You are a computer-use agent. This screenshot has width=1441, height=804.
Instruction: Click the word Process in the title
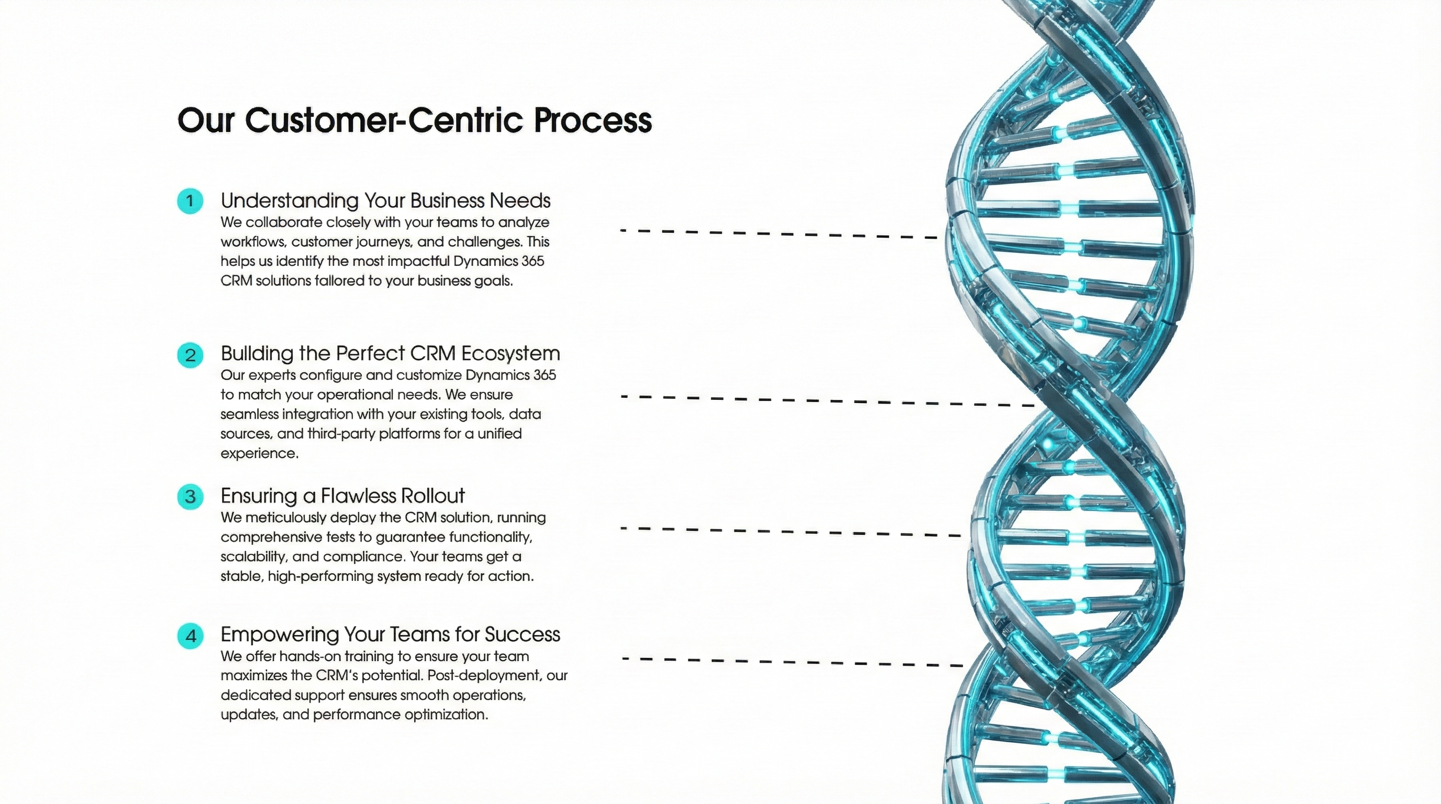592,121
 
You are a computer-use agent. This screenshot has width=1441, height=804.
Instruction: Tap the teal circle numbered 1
190,200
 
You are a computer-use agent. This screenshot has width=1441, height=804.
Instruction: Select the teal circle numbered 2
190,355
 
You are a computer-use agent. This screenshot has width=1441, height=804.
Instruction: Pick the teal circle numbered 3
190,497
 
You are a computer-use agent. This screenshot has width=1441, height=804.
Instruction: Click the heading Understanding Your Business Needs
385,200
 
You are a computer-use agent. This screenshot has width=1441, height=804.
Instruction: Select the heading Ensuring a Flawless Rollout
342,496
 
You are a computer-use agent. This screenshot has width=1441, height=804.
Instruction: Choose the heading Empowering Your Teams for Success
390,634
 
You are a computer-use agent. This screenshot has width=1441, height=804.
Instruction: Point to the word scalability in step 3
252,557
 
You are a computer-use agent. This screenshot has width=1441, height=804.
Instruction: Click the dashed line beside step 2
828,401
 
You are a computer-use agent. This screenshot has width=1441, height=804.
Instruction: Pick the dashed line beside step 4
792,662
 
